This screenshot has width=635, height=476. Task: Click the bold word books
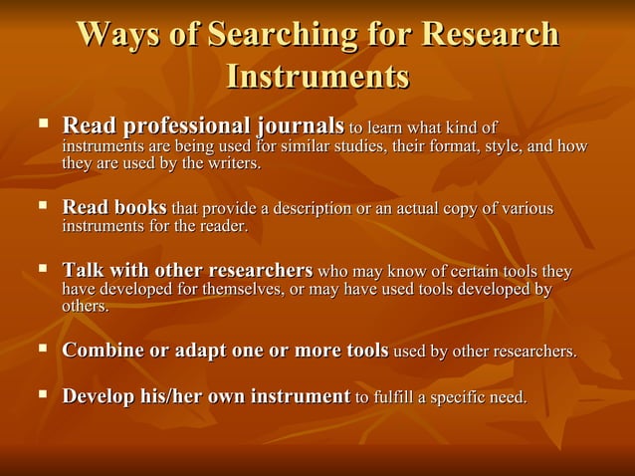coord(141,208)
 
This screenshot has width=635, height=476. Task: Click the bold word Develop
coord(99,396)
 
